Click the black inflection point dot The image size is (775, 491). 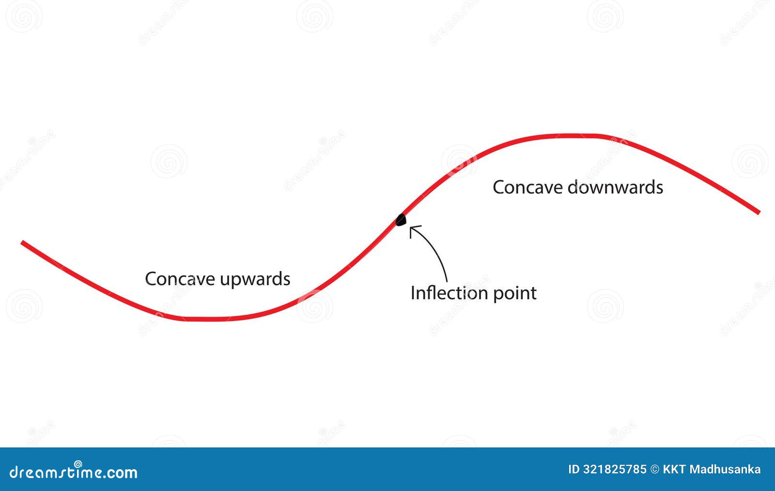[400, 220]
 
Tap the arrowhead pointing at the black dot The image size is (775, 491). [412, 229]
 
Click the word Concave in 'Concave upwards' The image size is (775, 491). [180, 279]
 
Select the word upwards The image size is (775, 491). [255, 280]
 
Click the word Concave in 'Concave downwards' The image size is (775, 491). [527, 187]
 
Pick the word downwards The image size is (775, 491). [615, 187]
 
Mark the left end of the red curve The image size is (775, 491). [22, 242]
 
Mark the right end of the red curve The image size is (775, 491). [758, 212]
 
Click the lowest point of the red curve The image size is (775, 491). [203, 319]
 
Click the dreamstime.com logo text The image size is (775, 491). [74, 473]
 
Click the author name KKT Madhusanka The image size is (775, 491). [712, 469]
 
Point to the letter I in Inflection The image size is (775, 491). [413, 293]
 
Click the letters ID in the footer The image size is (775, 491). [574, 469]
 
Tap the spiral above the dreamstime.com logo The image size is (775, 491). [78, 464]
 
